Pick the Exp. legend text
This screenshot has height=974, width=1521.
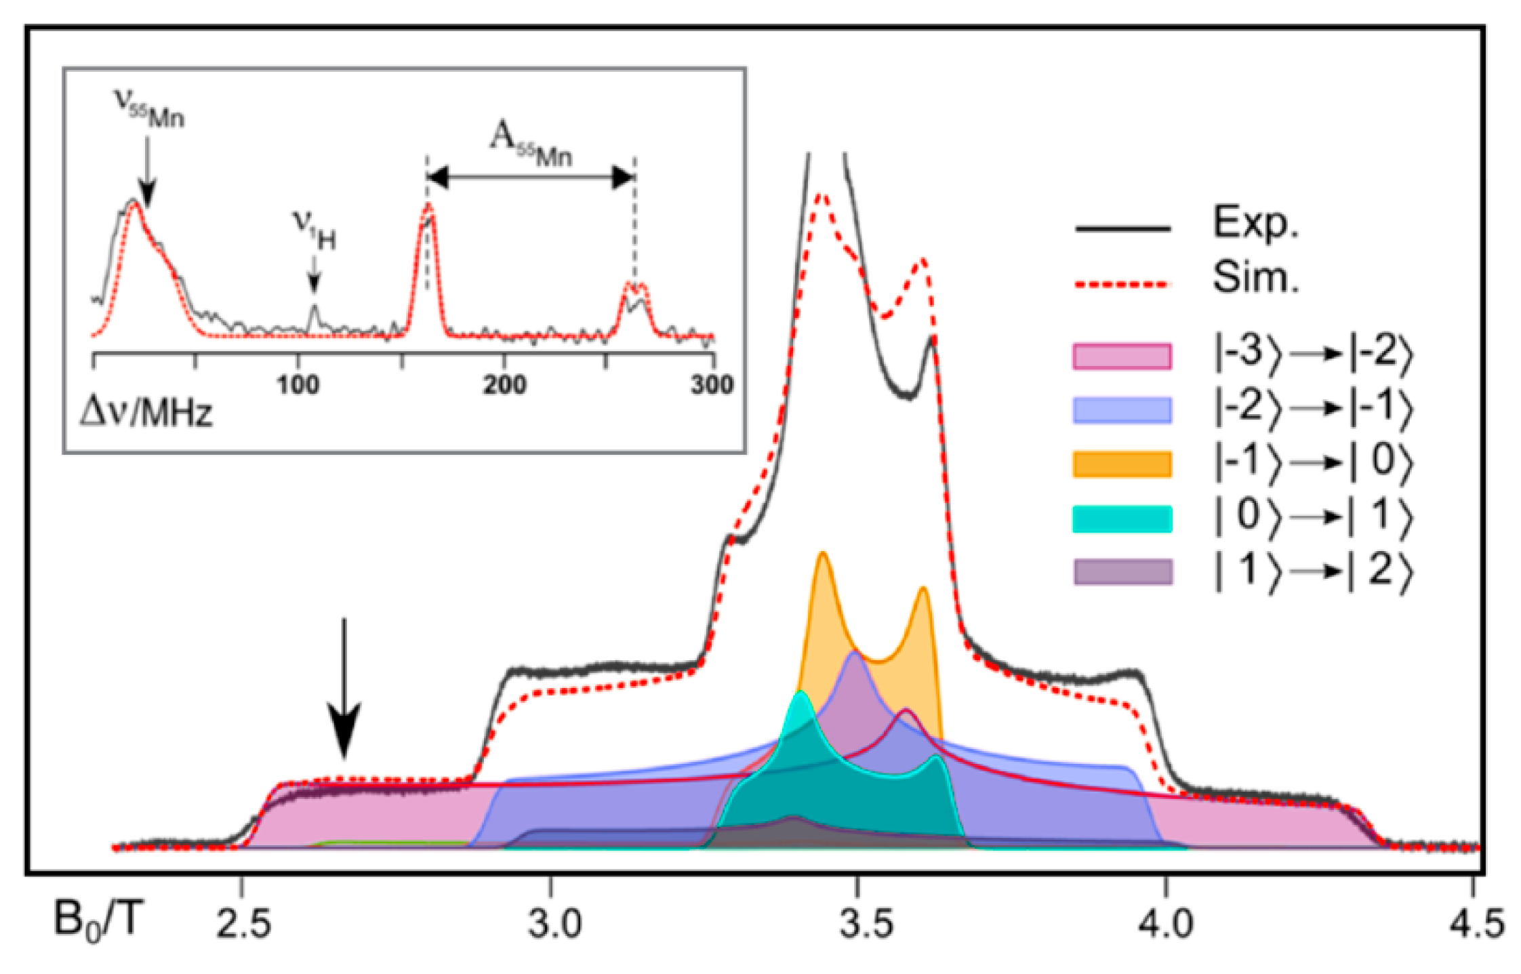pos(1255,223)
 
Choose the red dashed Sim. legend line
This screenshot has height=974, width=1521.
pos(1122,284)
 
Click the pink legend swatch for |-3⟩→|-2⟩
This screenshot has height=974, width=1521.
pos(1122,357)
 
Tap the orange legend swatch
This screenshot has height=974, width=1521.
pos(1122,464)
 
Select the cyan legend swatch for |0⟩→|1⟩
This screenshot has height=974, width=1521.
pos(1122,519)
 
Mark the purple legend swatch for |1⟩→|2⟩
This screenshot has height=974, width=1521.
pos(1122,572)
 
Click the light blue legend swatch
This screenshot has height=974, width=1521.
pos(1122,411)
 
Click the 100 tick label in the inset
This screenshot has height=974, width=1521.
pos(298,386)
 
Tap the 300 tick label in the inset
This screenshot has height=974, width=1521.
pos(712,386)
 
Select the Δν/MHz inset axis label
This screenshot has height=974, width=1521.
pos(146,412)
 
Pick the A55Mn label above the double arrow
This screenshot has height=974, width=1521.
pos(531,144)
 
